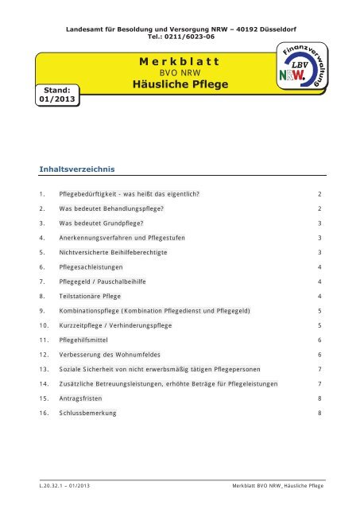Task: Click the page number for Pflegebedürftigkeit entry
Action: click(x=319, y=193)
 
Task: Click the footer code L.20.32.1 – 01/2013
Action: click(x=64, y=484)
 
